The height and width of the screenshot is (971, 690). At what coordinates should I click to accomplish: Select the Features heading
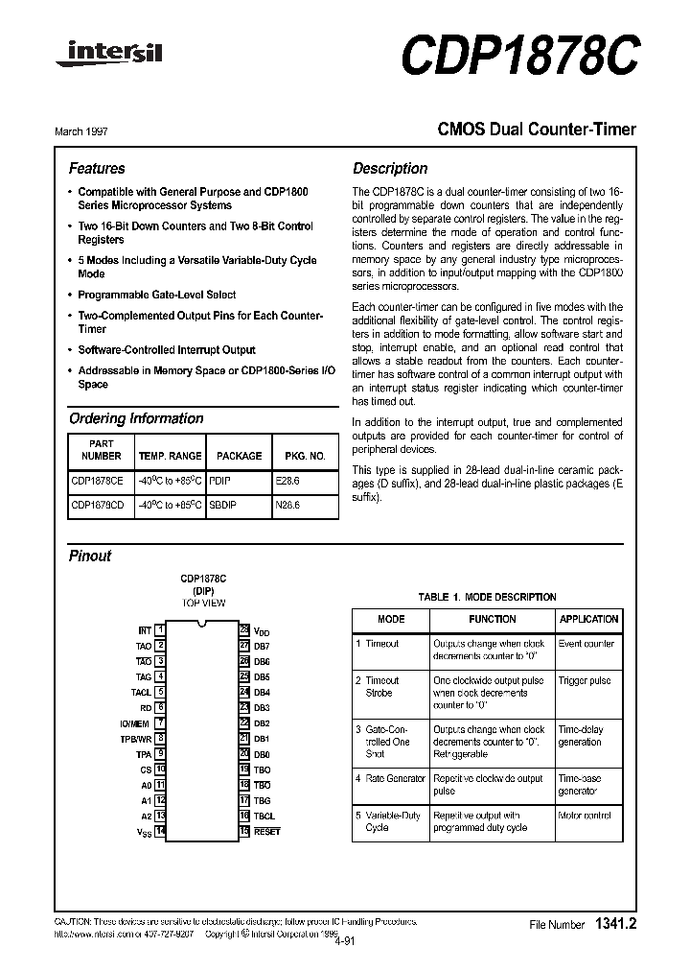tap(97, 168)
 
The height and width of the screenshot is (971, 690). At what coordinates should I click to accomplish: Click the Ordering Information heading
tap(136, 418)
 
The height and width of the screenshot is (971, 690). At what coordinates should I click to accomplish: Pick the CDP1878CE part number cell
tap(97, 480)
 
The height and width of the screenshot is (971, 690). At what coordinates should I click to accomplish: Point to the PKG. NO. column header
tap(305, 456)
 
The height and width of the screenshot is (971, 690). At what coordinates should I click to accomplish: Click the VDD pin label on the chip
tap(262, 631)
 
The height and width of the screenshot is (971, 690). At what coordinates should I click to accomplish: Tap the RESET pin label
tap(266, 832)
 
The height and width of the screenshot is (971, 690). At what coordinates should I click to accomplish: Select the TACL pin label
tap(141, 692)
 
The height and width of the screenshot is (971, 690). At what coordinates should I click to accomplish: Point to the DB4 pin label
tap(262, 692)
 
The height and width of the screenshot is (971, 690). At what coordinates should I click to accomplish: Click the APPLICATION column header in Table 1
tap(588, 619)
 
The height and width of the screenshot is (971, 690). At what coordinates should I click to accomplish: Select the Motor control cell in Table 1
tap(584, 816)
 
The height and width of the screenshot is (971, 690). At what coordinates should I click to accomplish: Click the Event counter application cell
tap(586, 644)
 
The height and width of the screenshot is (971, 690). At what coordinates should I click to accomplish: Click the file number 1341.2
tap(615, 924)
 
